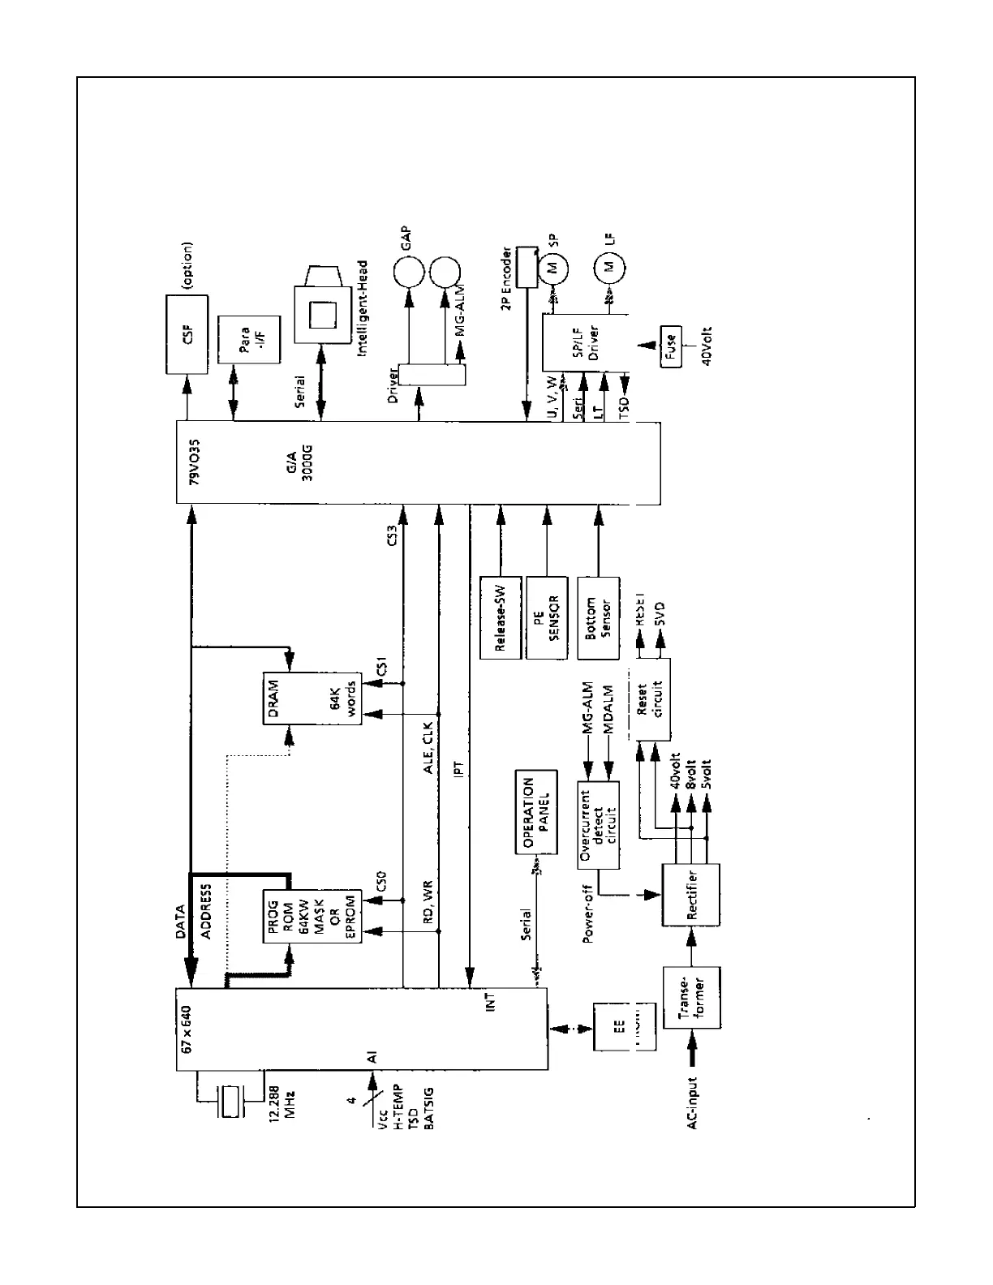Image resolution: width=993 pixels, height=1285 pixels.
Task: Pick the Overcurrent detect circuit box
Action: coord(598,825)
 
